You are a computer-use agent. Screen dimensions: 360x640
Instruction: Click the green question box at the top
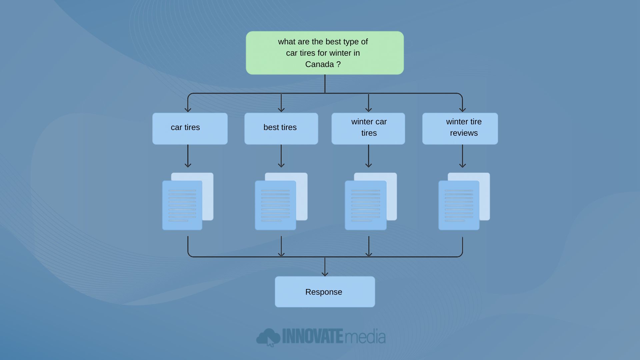point(325,53)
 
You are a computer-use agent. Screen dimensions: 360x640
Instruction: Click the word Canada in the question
point(319,64)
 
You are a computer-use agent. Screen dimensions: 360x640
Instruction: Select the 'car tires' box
point(190,128)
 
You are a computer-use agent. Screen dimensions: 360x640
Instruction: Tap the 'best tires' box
point(281,128)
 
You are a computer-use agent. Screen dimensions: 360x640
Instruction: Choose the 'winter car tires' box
point(368,128)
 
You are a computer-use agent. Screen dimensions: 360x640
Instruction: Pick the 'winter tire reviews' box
point(460,128)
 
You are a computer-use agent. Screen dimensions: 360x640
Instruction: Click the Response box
point(325,292)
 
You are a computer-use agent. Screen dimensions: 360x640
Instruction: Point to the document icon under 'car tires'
point(183,205)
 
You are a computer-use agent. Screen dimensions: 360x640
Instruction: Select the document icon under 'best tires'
point(276,205)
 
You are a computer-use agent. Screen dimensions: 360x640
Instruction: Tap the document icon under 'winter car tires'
point(366,205)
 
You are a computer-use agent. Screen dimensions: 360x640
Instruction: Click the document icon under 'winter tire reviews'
point(459,205)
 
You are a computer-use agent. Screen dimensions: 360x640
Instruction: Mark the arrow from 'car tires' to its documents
point(188,156)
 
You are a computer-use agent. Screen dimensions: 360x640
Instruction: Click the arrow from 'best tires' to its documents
point(281,156)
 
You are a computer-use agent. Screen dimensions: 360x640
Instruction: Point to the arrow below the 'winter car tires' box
point(368,156)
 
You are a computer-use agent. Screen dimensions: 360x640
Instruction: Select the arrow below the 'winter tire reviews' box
point(462,156)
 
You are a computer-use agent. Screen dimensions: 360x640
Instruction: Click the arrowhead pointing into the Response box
point(325,273)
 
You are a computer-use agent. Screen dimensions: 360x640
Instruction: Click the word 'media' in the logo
point(365,337)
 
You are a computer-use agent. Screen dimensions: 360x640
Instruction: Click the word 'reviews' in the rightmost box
point(464,133)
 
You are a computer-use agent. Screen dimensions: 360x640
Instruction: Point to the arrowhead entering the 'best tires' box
point(281,109)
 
